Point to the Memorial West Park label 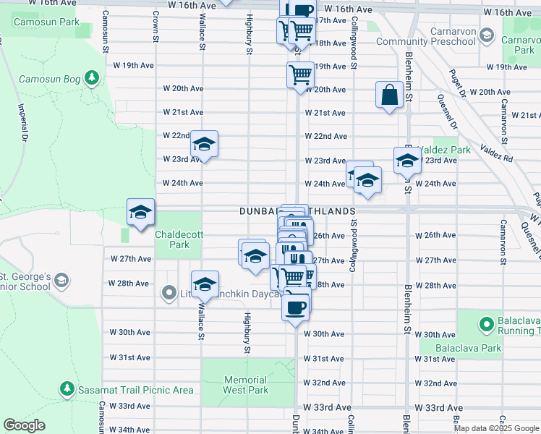click(246, 385)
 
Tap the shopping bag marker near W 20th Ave click(389, 95)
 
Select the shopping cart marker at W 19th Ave click(300, 73)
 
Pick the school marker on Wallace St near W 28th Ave click(205, 284)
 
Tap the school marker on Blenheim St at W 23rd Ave click(407, 161)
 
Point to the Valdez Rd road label click(496, 158)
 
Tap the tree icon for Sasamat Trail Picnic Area click(67, 390)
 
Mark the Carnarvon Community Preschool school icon click(487, 36)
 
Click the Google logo click(25, 425)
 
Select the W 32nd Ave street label click(325, 383)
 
